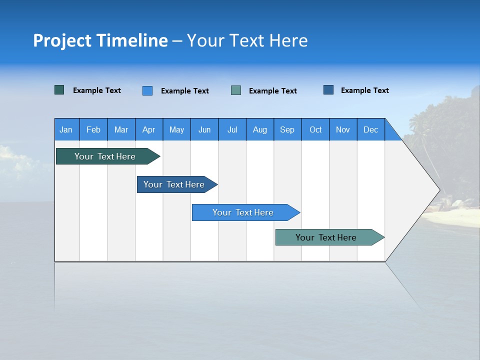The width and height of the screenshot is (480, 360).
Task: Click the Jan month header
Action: pyautogui.click(x=66, y=129)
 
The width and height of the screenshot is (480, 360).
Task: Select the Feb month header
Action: pyautogui.click(x=93, y=129)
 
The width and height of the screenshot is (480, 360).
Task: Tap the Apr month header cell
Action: pyautogui.click(x=148, y=129)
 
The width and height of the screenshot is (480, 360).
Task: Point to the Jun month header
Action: pyautogui.click(x=204, y=129)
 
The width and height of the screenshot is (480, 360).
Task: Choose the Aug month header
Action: pyautogui.click(x=259, y=129)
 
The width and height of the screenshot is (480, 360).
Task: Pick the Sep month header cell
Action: pyautogui.click(x=287, y=129)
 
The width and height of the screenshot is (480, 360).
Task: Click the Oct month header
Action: pyautogui.click(x=315, y=129)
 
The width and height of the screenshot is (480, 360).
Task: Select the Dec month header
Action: pyautogui.click(x=371, y=129)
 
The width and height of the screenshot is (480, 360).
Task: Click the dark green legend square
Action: pyautogui.click(x=59, y=90)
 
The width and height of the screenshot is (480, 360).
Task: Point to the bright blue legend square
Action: pyautogui.click(x=147, y=90)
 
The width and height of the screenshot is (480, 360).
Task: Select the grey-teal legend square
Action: pyautogui.click(x=236, y=90)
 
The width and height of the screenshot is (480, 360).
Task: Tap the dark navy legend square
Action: pyautogui.click(x=328, y=90)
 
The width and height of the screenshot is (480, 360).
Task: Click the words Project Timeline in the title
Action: pyautogui.click(x=100, y=40)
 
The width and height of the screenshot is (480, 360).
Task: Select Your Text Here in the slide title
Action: pyautogui.click(x=247, y=40)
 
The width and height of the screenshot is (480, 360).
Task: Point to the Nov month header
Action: pyautogui.click(x=343, y=129)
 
